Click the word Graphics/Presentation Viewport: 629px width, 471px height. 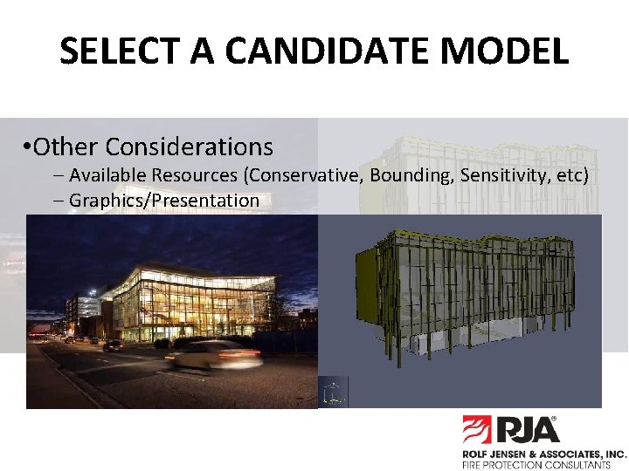point(163,201)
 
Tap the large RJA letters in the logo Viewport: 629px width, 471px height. point(528,430)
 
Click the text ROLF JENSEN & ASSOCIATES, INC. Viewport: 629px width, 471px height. point(544,454)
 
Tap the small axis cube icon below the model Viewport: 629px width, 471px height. point(333,392)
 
